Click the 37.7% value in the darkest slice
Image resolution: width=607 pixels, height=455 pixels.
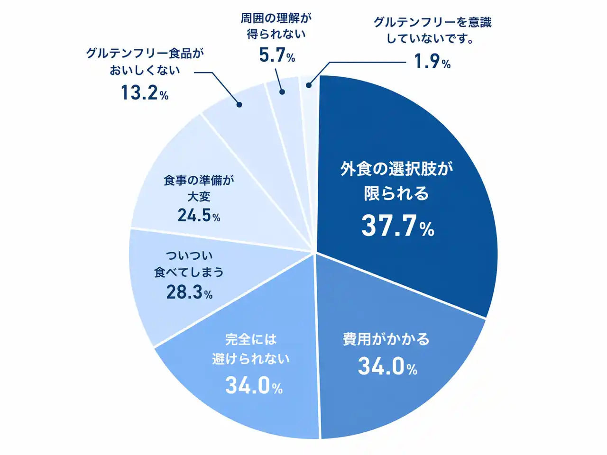[x=397, y=226]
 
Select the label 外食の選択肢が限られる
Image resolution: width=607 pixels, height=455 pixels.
[x=396, y=181]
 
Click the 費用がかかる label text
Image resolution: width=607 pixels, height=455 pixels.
[x=386, y=339]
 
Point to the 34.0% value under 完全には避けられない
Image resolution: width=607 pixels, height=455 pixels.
[x=254, y=385]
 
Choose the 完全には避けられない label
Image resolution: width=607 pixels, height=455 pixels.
[x=251, y=349]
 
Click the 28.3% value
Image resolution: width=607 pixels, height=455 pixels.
[x=189, y=292]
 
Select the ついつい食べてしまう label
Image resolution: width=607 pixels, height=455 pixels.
[x=189, y=264]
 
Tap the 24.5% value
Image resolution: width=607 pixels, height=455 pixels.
[x=199, y=216]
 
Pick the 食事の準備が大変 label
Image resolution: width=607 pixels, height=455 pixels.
[x=199, y=188]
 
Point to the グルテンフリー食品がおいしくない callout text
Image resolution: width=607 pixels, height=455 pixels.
[x=145, y=62]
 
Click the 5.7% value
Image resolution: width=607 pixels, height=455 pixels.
[x=277, y=55]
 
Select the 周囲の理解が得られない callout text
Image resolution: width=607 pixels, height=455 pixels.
[x=276, y=26]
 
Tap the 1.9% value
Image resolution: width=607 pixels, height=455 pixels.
[x=432, y=62]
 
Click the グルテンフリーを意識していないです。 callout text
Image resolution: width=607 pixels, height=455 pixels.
[x=432, y=30]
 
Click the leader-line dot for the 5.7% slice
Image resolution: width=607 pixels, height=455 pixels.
[x=282, y=92]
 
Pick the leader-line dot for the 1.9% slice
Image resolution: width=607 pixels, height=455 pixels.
[x=309, y=85]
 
